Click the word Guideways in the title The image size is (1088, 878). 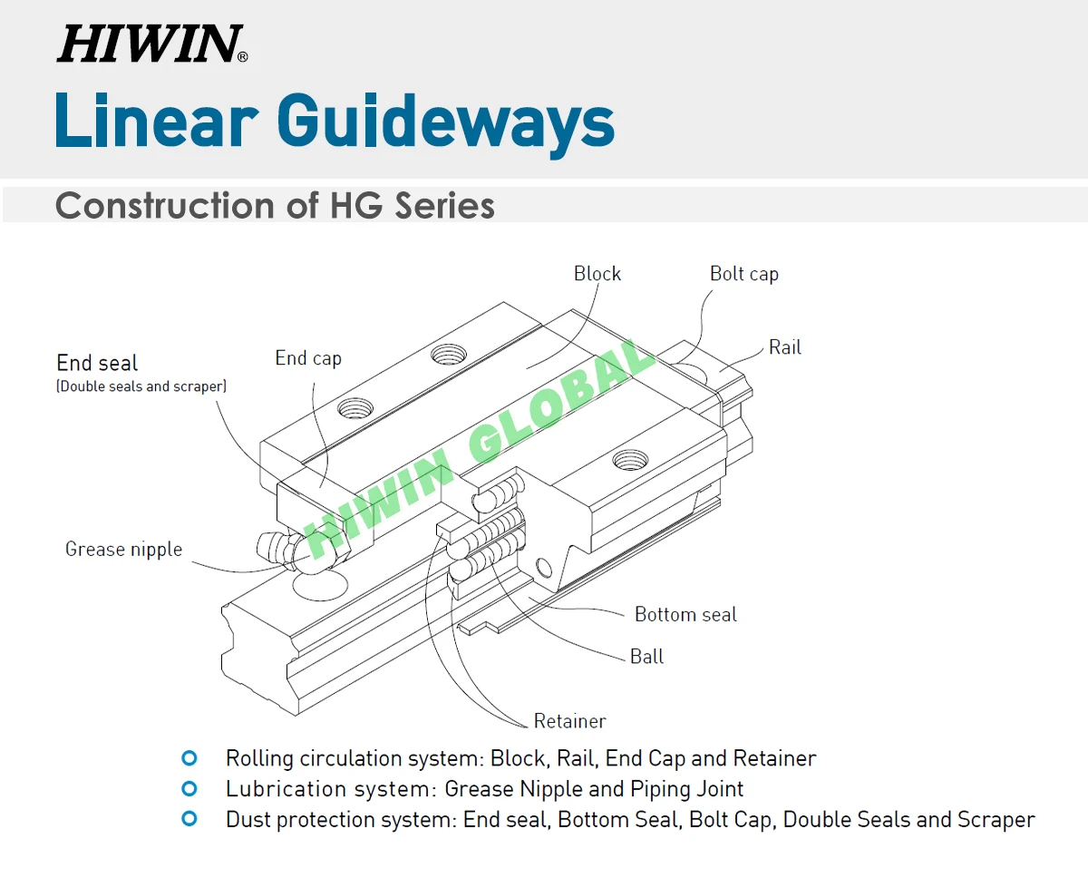(445, 122)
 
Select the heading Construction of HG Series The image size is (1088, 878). (275, 206)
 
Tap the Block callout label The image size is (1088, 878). (597, 274)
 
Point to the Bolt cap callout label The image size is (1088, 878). (743, 274)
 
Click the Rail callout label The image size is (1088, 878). (784, 347)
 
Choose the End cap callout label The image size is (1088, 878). (308, 358)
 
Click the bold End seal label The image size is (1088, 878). (97, 364)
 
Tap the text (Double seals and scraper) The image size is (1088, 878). (141, 386)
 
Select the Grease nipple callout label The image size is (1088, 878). (123, 550)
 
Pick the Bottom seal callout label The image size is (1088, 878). (685, 615)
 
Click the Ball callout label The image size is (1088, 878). (646, 657)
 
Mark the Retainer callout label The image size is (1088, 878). (569, 722)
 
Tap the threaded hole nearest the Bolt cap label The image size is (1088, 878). (626, 460)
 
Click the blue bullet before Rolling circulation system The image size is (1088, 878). (189, 757)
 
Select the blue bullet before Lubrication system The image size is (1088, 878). (189, 788)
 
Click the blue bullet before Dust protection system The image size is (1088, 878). (189, 819)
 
